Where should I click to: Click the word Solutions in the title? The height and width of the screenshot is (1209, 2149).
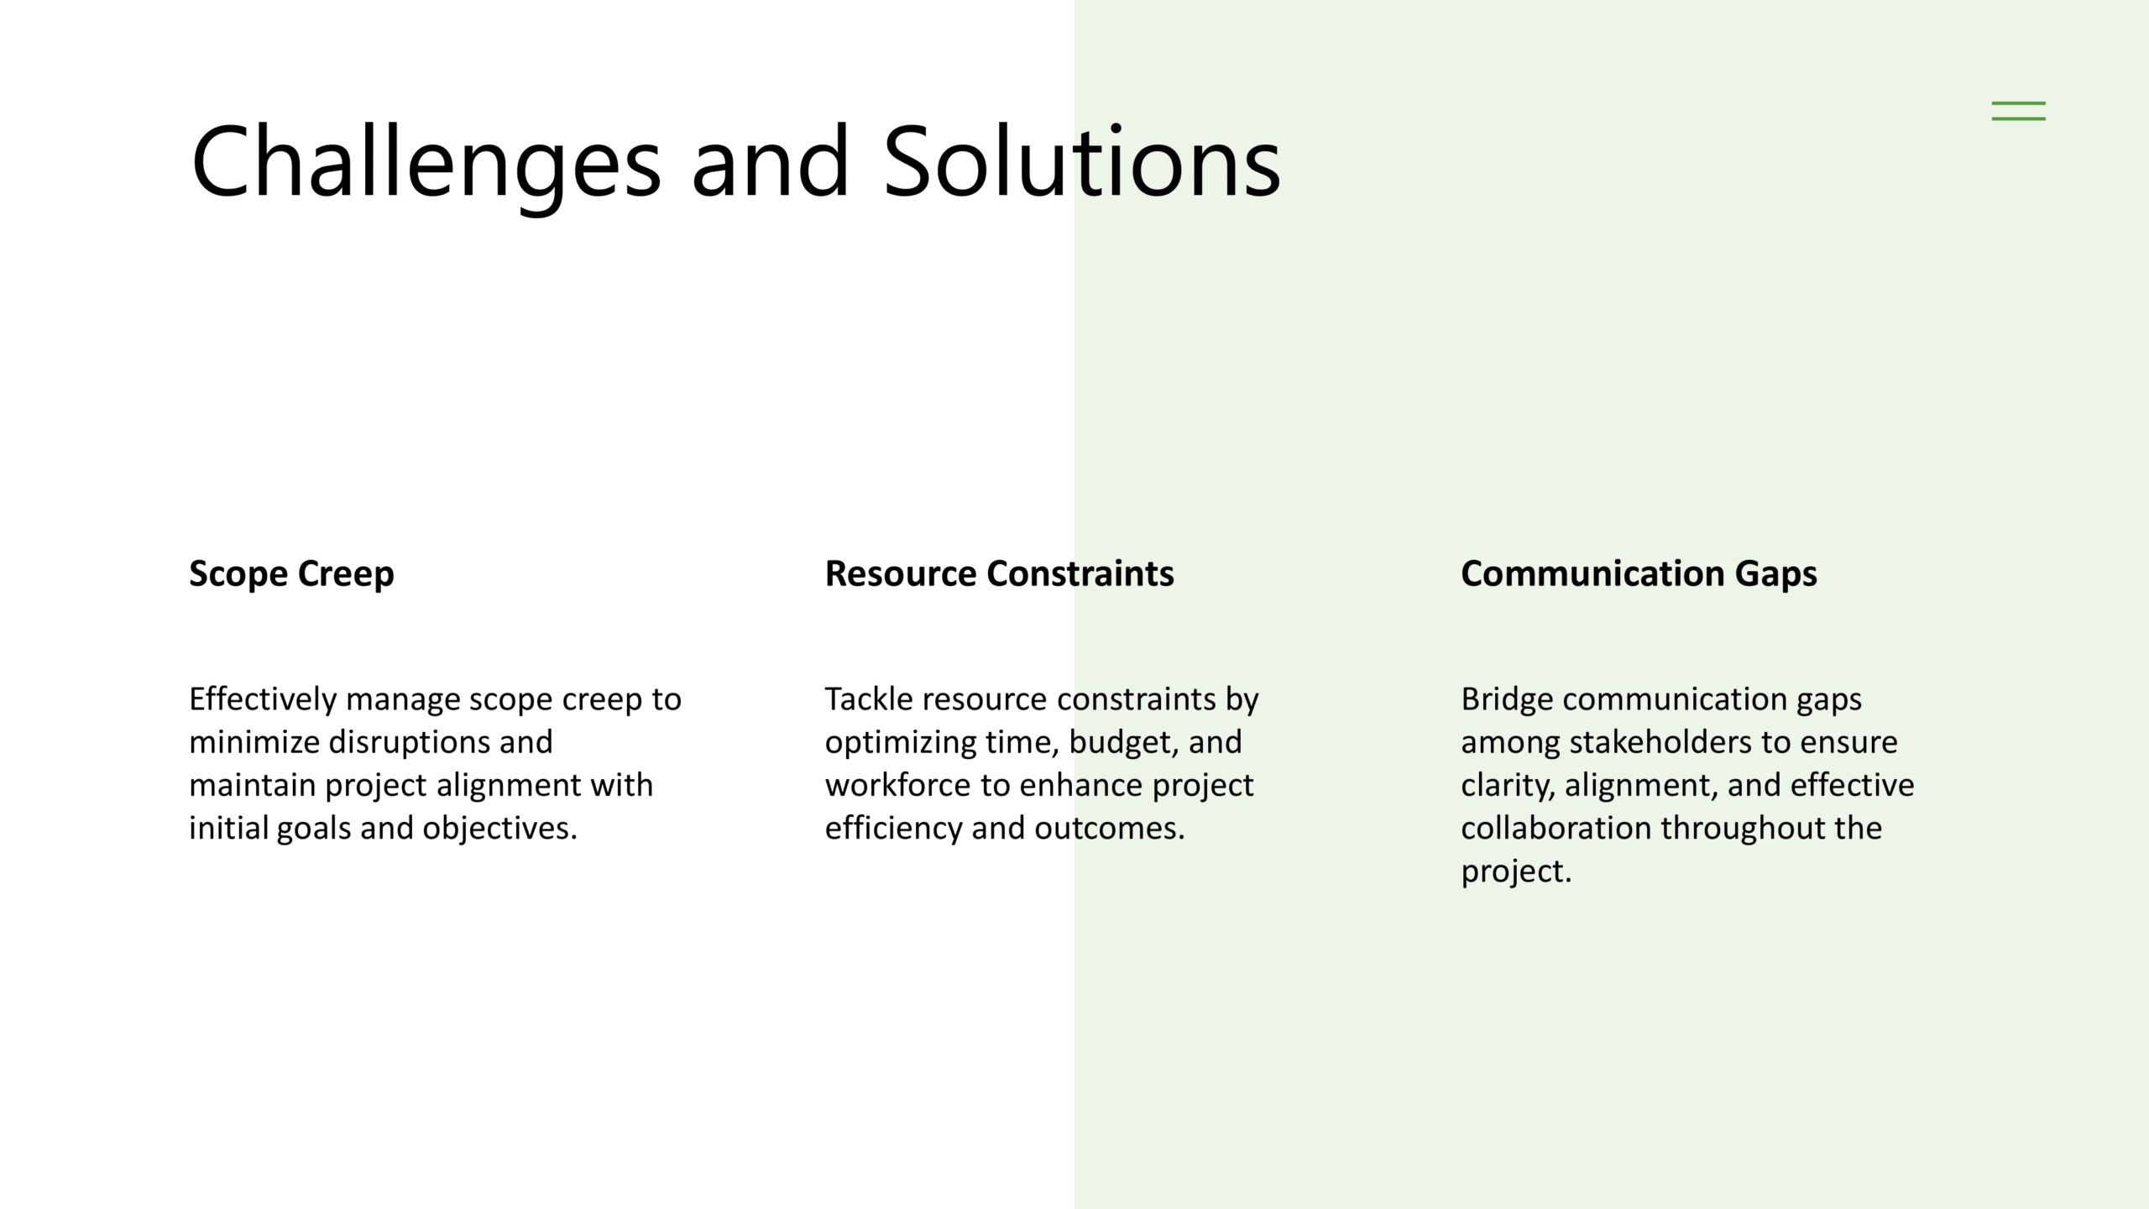1082,161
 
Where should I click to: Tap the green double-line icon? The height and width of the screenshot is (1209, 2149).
2018,111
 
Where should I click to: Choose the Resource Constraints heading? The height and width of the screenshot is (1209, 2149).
999,573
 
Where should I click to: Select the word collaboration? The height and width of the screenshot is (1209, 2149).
1556,829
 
